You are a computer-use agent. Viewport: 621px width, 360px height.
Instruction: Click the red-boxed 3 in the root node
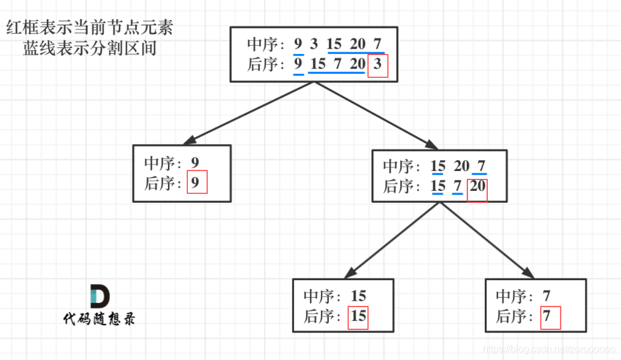[377, 65]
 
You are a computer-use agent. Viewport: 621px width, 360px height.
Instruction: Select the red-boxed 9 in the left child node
[196, 183]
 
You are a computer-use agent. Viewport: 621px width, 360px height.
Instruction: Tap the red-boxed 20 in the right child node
[478, 187]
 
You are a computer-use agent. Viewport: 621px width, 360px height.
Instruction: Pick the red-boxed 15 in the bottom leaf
[358, 316]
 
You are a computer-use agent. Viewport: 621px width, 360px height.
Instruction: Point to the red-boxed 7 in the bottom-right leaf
[547, 317]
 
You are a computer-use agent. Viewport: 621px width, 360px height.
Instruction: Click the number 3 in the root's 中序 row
[314, 44]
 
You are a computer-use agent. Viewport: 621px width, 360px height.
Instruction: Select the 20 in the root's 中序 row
[358, 44]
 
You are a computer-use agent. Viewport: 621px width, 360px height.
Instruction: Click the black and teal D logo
[100, 296]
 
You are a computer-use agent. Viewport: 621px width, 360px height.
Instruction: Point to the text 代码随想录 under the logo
[100, 319]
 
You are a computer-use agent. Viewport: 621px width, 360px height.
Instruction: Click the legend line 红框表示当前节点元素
[90, 28]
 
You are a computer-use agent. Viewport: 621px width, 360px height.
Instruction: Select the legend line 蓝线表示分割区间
[90, 48]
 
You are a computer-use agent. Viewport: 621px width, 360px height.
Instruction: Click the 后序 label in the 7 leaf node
[511, 317]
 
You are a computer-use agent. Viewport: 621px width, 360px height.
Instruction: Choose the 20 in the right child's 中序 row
[461, 166]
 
